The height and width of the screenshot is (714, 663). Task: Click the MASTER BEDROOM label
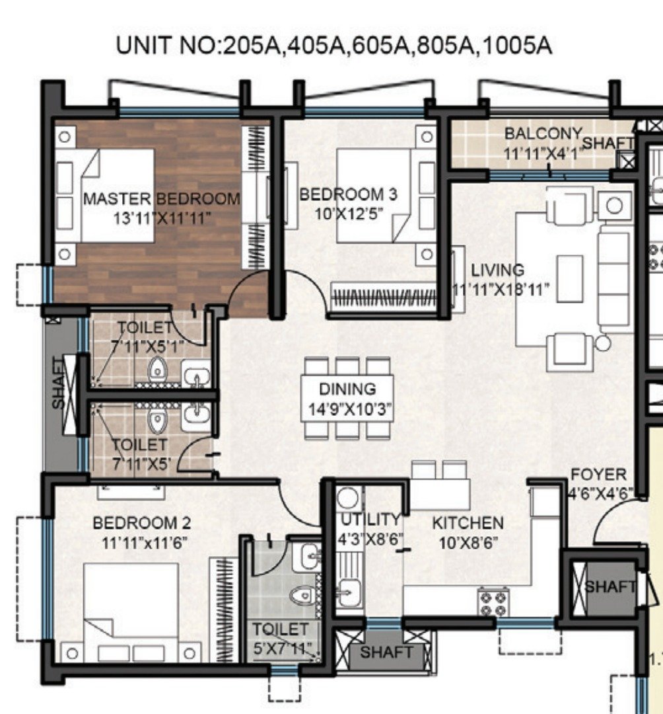pyautogui.click(x=161, y=199)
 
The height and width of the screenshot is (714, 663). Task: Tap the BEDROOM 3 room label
pyautogui.click(x=348, y=194)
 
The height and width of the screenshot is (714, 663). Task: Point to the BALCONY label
pyautogui.click(x=543, y=134)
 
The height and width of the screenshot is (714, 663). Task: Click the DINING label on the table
pyautogui.click(x=348, y=389)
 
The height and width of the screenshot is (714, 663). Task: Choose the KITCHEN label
pyautogui.click(x=468, y=523)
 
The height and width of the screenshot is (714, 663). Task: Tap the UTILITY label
pyautogui.click(x=370, y=520)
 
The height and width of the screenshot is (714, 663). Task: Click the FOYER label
pyautogui.click(x=598, y=475)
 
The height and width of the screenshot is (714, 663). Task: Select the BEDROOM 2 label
pyautogui.click(x=142, y=523)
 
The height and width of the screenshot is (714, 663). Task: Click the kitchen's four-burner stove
pyautogui.click(x=493, y=602)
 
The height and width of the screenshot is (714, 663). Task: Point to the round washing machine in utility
pyautogui.click(x=349, y=498)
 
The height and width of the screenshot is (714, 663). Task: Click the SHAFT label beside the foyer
pyautogui.click(x=610, y=586)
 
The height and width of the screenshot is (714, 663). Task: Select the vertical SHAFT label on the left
pyautogui.click(x=57, y=383)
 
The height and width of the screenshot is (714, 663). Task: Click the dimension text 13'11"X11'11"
pyautogui.click(x=162, y=218)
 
